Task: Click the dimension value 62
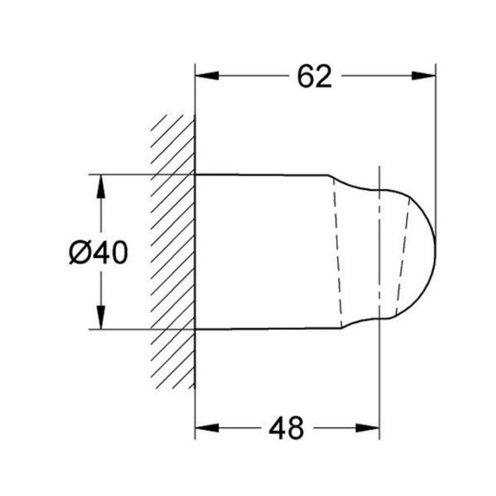(314, 76)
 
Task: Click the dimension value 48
(286, 428)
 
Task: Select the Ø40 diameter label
(98, 252)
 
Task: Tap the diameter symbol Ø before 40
(79, 252)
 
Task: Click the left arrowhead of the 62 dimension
(207, 76)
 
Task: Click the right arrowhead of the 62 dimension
(424, 76)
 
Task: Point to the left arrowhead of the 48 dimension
(207, 428)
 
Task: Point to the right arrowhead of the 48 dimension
(367, 428)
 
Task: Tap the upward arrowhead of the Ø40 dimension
(101, 186)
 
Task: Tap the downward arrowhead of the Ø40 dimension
(101, 317)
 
